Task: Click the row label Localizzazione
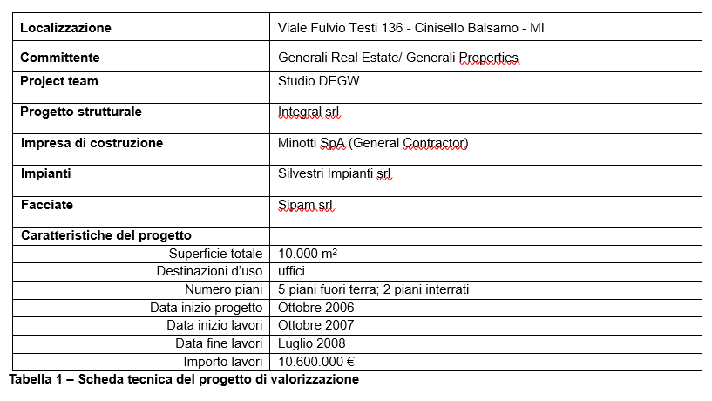[x=65, y=28]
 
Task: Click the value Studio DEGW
[x=318, y=82]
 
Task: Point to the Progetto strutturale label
[x=80, y=112]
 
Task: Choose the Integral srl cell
[x=309, y=112]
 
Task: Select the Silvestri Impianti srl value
[x=335, y=173]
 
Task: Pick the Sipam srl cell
[x=305, y=206]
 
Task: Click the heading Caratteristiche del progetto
[x=105, y=235]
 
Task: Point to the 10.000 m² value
[x=308, y=254]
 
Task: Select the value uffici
[x=291, y=271]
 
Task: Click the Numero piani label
[x=223, y=289]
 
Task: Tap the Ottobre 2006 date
[x=315, y=308]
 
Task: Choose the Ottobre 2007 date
[x=315, y=325]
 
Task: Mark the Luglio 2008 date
[x=311, y=343]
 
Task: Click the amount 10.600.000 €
[x=316, y=362]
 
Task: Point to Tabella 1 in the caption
[x=36, y=379]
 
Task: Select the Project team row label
[x=58, y=81]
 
